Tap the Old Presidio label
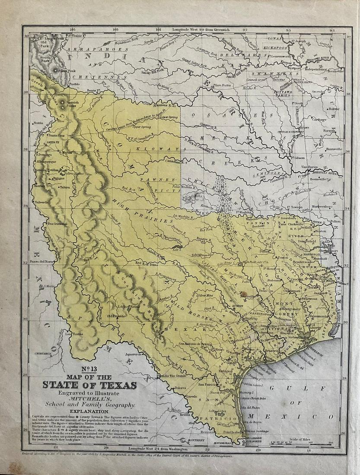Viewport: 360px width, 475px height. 116,315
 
